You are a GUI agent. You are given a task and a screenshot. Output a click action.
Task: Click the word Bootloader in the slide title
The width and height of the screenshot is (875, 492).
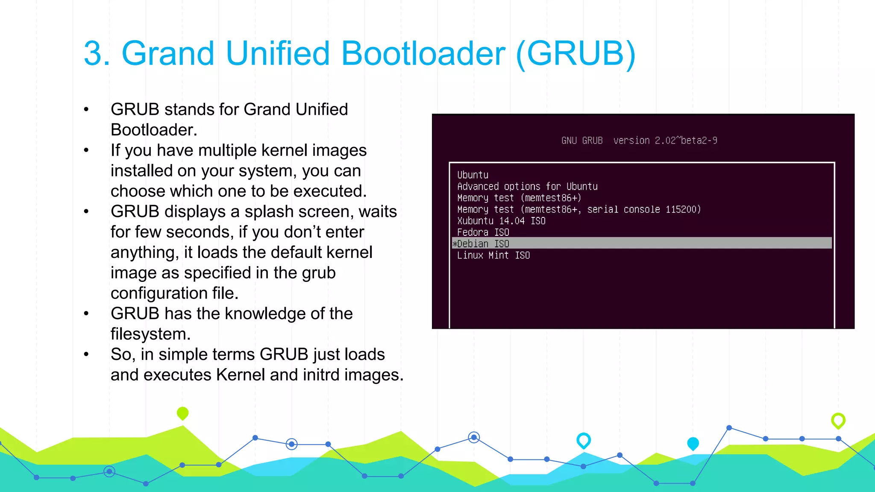423,53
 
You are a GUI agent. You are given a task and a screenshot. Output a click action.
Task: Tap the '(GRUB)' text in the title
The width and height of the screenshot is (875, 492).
576,54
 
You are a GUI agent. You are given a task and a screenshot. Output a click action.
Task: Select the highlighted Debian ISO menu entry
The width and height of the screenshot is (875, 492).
483,243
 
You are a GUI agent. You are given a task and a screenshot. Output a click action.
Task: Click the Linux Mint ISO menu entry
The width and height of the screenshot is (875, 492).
493,255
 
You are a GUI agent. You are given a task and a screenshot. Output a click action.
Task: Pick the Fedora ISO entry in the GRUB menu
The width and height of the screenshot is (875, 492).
483,232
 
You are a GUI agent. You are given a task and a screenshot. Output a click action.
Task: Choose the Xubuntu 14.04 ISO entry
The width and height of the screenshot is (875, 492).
501,221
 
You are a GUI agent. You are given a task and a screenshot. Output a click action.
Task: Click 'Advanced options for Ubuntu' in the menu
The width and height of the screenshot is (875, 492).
527,187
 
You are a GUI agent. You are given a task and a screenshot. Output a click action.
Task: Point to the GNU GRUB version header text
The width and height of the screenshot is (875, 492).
639,141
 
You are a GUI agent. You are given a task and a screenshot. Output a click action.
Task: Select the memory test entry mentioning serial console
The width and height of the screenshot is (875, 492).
578,209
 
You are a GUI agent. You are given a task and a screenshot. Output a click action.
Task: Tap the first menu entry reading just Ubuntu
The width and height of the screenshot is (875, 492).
473,175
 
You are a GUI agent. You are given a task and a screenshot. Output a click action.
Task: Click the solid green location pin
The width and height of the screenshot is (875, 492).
182,413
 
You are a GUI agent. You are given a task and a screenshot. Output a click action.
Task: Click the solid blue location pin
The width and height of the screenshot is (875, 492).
693,443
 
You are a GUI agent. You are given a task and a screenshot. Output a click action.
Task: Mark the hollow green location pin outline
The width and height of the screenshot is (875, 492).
838,421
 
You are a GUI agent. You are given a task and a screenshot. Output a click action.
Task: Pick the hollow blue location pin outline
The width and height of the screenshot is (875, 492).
583,440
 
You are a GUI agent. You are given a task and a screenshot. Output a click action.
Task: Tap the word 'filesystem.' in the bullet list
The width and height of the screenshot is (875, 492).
150,334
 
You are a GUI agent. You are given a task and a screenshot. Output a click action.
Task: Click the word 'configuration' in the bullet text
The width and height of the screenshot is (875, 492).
159,293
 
